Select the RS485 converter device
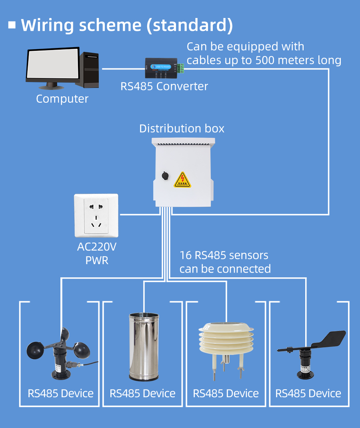pyautogui.click(x=160, y=68)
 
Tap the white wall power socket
pyautogui.click(x=96, y=215)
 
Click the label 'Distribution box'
pyautogui.click(x=182, y=129)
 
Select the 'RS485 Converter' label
pyautogui.click(x=164, y=86)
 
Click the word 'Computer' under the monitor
pyautogui.click(x=62, y=99)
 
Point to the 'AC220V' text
pyautogui.click(x=97, y=247)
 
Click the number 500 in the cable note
pyautogui.click(x=267, y=60)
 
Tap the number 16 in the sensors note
pyautogui.click(x=185, y=255)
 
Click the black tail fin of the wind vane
pyautogui.click(x=332, y=339)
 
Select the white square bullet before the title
pyautogui.click(x=12, y=25)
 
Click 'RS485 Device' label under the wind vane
pyautogui.click(x=308, y=393)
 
